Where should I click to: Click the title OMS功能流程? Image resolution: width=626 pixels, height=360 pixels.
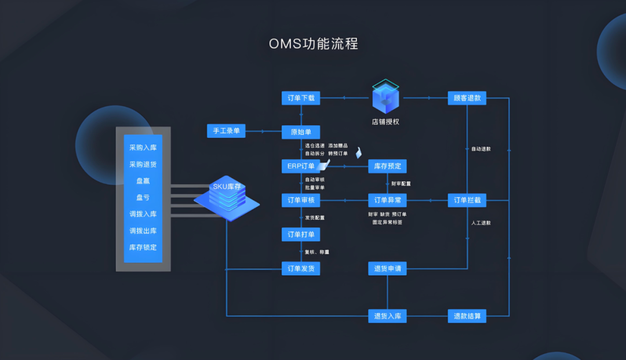pyautogui.click(x=314, y=44)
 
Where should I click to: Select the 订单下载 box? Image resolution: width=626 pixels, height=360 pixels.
pyautogui.click(x=301, y=98)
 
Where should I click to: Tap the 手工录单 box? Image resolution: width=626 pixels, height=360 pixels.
pyautogui.click(x=226, y=132)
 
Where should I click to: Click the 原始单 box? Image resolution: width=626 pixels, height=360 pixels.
pyautogui.click(x=301, y=132)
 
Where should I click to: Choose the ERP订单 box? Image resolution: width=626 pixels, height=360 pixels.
pyautogui.click(x=301, y=166)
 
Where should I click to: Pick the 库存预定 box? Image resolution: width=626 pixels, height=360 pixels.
pyautogui.click(x=387, y=166)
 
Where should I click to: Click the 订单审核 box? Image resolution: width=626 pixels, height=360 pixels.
pyautogui.click(x=301, y=201)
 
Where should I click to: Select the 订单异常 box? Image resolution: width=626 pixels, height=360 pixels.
pyautogui.click(x=387, y=201)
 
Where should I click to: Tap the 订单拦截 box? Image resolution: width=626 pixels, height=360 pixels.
pyautogui.click(x=467, y=201)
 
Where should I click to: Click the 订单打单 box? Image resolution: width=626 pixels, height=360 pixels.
pyautogui.click(x=301, y=234)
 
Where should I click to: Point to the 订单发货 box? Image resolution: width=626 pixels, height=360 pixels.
pyautogui.click(x=301, y=268)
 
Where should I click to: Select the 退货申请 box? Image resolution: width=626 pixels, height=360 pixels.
pyautogui.click(x=387, y=268)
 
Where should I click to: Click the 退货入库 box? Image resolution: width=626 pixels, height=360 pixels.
pyautogui.click(x=387, y=316)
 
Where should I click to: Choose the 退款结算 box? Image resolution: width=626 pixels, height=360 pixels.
pyautogui.click(x=467, y=316)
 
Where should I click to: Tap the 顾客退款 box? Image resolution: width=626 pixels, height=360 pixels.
pyautogui.click(x=467, y=98)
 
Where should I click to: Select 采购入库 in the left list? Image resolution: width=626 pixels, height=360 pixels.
pyautogui.click(x=143, y=147)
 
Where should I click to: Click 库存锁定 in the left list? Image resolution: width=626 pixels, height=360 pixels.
pyautogui.click(x=143, y=248)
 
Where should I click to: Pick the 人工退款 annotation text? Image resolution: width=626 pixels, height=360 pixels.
pyautogui.click(x=481, y=223)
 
